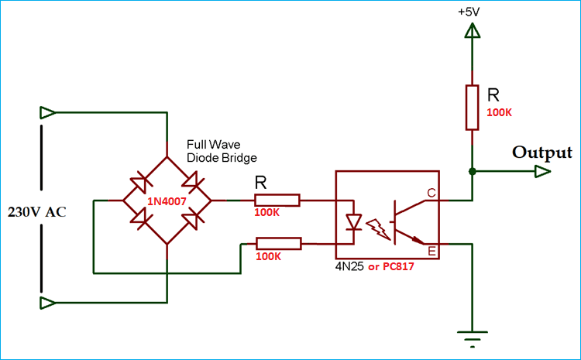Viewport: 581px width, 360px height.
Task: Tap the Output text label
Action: coord(541,153)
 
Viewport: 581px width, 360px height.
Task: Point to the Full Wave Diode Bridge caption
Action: coord(222,151)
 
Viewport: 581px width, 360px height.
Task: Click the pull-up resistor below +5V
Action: coord(471,108)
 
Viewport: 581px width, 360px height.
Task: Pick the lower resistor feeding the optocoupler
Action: coord(278,243)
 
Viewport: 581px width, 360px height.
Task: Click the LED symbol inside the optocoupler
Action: coord(354,223)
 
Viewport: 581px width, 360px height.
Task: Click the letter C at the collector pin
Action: coord(431,193)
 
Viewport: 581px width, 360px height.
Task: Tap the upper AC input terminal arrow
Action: coord(48,113)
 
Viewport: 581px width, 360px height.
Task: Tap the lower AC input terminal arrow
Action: coord(48,301)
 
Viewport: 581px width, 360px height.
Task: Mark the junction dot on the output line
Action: coord(471,171)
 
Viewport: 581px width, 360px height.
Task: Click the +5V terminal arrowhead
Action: coord(471,31)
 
